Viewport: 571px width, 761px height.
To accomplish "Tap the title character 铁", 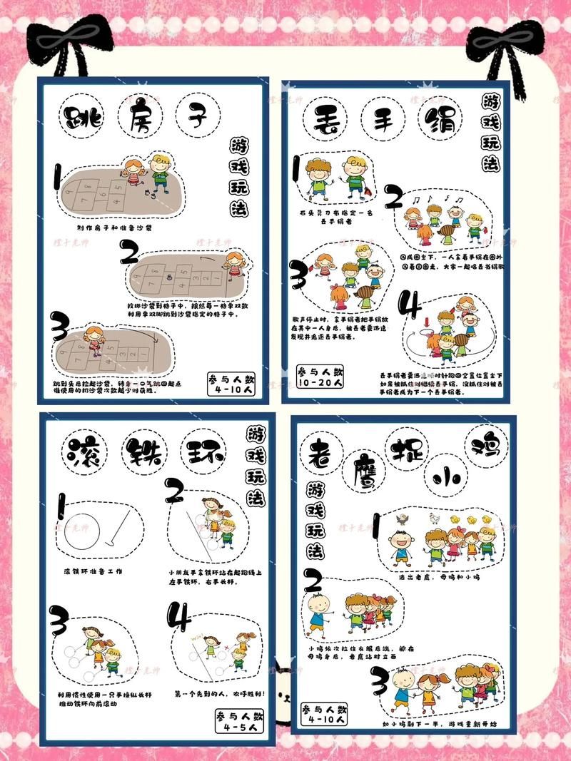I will [143, 452].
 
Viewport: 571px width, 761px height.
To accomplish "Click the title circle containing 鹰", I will [363, 472].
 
